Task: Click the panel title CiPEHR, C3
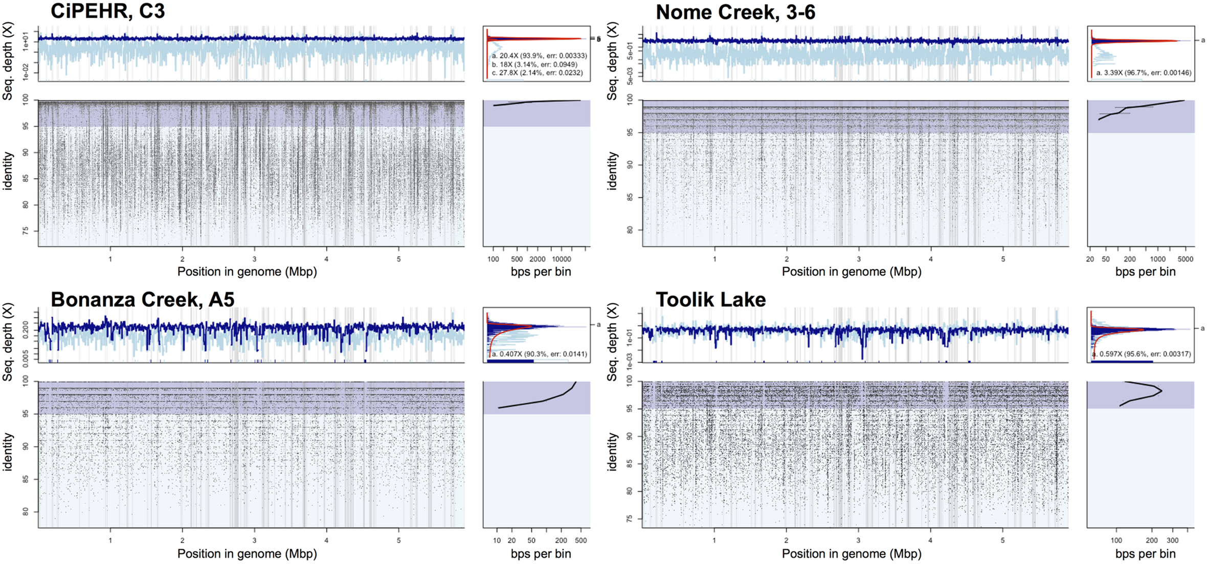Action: coord(107,11)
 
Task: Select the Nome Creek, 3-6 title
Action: coord(735,12)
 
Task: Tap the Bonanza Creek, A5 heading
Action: coord(142,299)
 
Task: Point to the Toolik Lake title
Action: coord(710,299)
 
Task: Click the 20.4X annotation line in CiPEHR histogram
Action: coord(539,56)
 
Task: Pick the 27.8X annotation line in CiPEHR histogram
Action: coord(537,73)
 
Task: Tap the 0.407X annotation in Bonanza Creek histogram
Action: coord(539,354)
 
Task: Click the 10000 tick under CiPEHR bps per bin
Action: coord(562,259)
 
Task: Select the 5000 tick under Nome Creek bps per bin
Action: coord(1185,259)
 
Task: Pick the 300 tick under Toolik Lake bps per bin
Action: coord(1173,540)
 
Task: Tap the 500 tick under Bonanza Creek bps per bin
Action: coord(581,540)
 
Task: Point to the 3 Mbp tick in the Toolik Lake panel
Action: coord(859,540)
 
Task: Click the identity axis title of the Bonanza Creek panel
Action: coord(8,452)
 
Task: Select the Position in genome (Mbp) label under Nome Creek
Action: coord(852,272)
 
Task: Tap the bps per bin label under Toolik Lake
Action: coord(1145,554)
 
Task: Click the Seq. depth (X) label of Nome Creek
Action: coord(612,61)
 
